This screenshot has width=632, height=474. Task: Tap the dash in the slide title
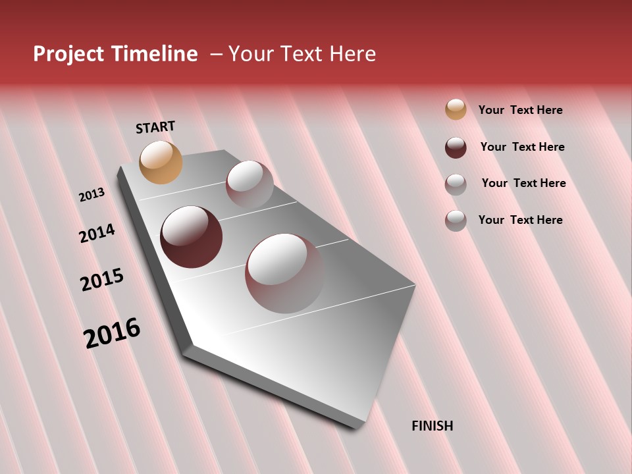216,54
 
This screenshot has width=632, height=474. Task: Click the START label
155,127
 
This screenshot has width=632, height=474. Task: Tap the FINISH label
432,426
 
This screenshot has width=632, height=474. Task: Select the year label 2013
92,194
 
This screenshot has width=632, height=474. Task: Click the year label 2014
97,233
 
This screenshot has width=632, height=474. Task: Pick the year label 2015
102,280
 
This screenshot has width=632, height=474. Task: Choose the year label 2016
112,333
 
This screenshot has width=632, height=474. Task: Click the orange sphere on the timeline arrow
161,162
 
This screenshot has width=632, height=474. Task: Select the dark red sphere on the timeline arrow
191,237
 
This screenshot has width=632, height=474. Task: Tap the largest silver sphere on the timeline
284,273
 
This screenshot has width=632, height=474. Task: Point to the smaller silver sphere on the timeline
250,184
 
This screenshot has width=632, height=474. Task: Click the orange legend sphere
456,109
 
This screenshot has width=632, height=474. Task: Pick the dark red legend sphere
456,147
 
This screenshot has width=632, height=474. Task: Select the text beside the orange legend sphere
520,110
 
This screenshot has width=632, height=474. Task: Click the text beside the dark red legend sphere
522,147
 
